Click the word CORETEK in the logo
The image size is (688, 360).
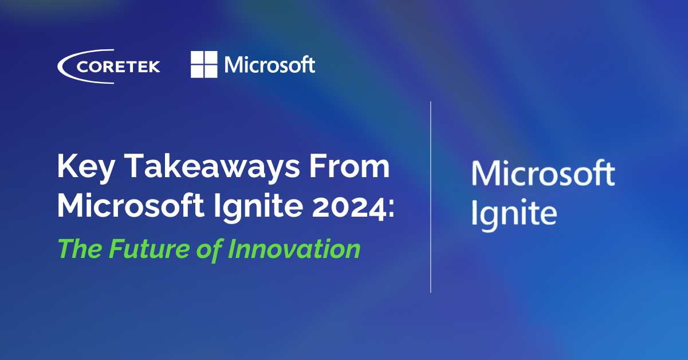click(x=118, y=66)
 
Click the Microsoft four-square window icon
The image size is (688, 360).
click(x=204, y=64)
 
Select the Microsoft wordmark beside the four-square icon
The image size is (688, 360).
click(x=270, y=64)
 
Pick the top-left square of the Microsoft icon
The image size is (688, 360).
click(x=197, y=57)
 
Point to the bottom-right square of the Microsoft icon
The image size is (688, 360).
click(x=211, y=71)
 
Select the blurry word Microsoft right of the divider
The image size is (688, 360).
click(x=542, y=174)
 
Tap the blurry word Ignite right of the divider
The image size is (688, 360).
click(x=514, y=213)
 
